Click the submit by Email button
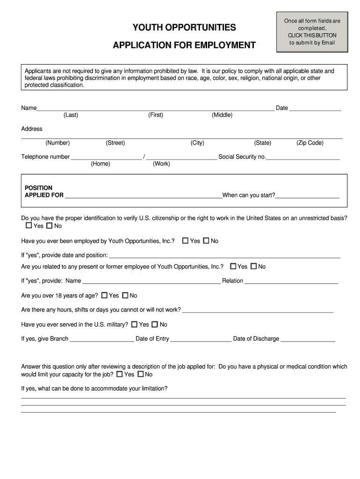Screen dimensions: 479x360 point(312,32)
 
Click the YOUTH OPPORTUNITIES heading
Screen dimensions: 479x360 point(184,28)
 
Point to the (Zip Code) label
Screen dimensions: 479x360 point(310,143)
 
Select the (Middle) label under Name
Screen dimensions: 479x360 point(222,115)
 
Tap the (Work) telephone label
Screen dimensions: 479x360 point(161,164)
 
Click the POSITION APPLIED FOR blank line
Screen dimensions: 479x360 point(143,196)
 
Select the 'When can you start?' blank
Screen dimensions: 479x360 point(307,196)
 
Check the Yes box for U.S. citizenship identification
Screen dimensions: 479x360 point(29,225)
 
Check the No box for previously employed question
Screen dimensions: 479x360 point(206,240)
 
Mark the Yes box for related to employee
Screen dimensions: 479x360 point(233,266)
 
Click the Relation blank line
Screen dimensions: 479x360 point(291,281)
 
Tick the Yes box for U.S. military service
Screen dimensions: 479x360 point(135,324)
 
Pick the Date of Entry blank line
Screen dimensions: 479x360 point(201,339)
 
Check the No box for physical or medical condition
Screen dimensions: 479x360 point(141,374)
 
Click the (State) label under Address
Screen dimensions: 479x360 point(262,143)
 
